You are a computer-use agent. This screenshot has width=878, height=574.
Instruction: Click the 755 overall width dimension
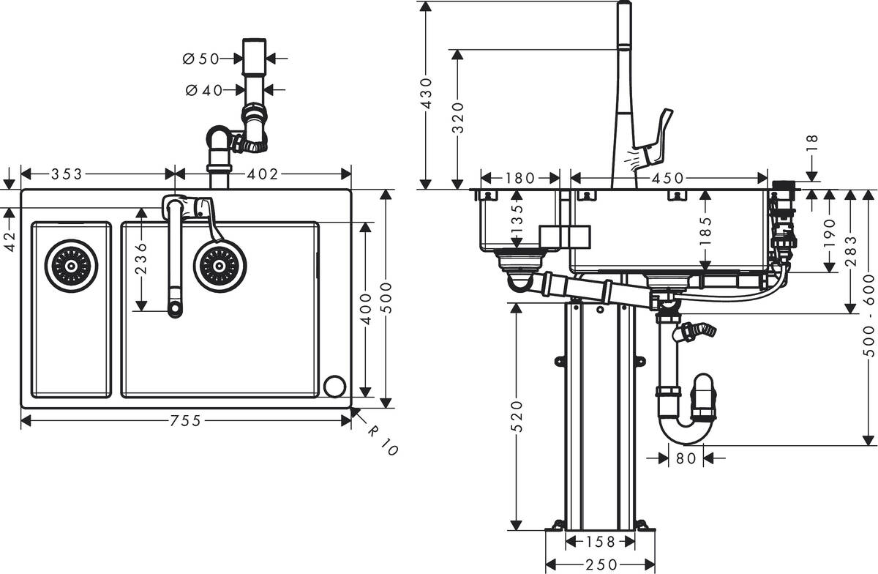(x=186, y=420)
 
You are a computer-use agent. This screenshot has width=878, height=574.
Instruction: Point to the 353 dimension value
(x=67, y=174)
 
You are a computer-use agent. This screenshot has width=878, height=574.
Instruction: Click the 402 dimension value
(x=262, y=174)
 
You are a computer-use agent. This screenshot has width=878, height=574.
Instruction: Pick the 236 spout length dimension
(x=141, y=258)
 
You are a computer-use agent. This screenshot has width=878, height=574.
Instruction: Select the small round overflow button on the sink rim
(x=334, y=385)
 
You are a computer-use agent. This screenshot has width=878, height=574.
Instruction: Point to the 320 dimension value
(x=459, y=117)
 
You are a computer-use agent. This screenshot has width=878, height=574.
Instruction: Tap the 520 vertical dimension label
(x=517, y=418)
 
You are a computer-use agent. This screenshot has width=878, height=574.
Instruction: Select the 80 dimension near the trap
(x=686, y=459)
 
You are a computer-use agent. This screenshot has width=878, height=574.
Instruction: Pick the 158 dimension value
(x=601, y=542)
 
